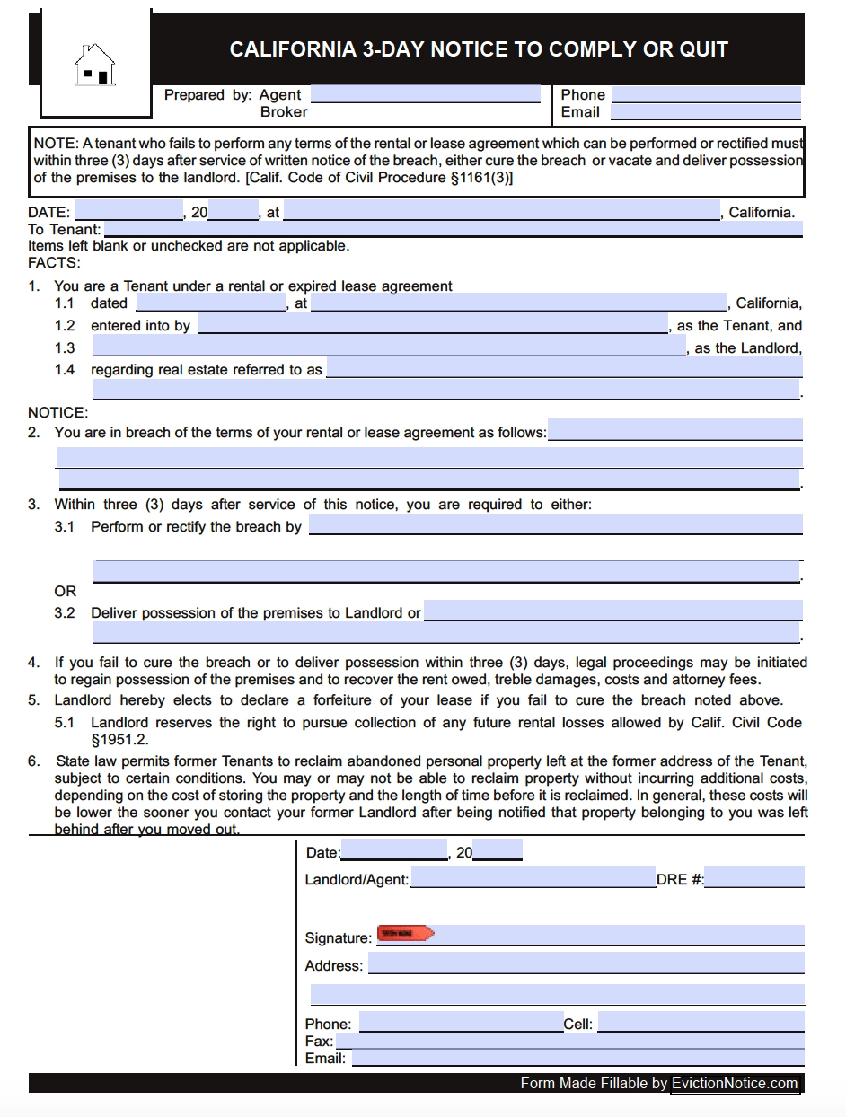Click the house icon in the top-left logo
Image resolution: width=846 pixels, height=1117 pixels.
pyautogui.click(x=95, y=65)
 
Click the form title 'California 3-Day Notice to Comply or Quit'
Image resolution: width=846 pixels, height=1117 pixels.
pyautogui.click(x=479, y=49)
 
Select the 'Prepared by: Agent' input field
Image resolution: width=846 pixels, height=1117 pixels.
pyautogui.click(x=426, y=94)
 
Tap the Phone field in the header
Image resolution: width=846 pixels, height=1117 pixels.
pyautogui.click(x=706, y=94)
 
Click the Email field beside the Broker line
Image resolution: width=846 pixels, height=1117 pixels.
pyautogui.click(x=705, y=112)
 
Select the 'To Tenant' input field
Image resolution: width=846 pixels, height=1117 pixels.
pyautogui.click(x=454, y=229)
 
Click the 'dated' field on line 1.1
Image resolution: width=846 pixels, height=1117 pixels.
pyautogui.click(x=210, y=303)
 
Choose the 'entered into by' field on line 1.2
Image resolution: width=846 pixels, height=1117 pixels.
pyautogui.click(x=433, y=325)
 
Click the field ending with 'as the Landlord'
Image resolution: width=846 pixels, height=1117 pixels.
pyautogui.click(x=389, y=347)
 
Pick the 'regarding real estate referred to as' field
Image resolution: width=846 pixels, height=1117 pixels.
pyautogui.click(x=564, y=369)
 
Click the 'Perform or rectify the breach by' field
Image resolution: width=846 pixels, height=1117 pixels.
pyautogui.click(x=555, y=525)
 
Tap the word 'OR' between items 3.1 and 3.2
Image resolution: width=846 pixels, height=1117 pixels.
pyautogui.click(x=66, y=592)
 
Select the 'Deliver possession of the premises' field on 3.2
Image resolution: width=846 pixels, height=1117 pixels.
pyautogui.click(x=612, y=612)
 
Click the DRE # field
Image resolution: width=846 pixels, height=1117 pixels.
pyautogui.click(x=754, y=879)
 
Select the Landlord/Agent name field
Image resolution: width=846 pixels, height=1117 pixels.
pyautogui.click(x=533, y=879)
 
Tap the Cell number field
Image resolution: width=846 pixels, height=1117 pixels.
pyautogui.click(x=701, y=1023)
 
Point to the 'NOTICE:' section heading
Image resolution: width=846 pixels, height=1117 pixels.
pyautogui.click(x=58, y=413)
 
